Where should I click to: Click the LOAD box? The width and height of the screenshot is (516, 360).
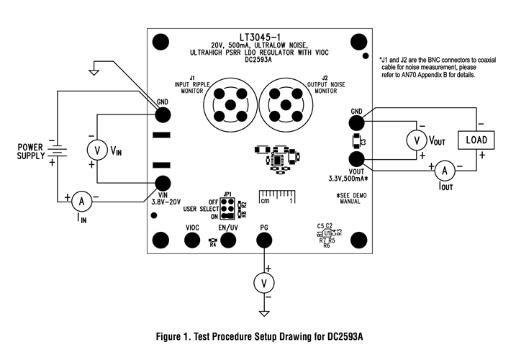tap(476, 139)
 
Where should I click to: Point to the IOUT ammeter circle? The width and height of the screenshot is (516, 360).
tap(444, 170)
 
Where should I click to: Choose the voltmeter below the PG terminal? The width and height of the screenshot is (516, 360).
tap(265, 284)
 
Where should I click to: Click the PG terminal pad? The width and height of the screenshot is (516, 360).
tap(265, 240)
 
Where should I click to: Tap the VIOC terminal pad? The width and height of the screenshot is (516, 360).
tap(193, 240)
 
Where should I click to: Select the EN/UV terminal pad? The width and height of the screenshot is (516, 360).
tap(228, 240)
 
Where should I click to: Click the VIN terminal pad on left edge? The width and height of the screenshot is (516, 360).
tap(163, 184)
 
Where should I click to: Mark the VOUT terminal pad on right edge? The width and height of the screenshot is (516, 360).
tap(356, 159)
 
